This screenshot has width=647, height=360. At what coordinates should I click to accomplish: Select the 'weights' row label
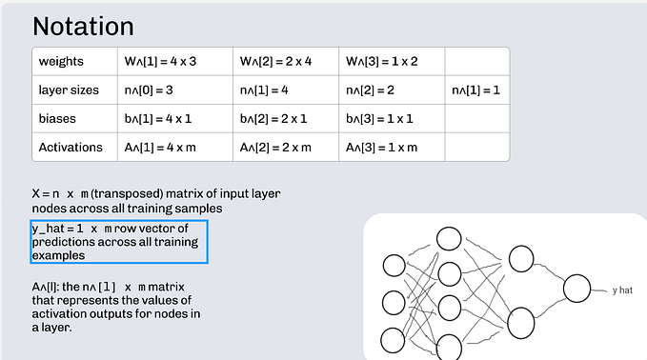click(x=62, y=62)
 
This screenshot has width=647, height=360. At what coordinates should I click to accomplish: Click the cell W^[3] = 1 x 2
click(x=379, y=62)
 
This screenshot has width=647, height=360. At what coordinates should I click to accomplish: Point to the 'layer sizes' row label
click(x=69, y=90)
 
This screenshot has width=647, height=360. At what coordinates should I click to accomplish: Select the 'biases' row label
click(x=58, y=119)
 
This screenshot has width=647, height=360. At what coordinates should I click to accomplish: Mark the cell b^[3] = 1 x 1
click(x=377, y=119)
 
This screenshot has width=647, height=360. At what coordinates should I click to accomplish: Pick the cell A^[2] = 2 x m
click(x=272, y=148)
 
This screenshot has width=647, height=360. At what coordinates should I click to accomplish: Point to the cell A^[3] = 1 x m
click(x=378, y=148)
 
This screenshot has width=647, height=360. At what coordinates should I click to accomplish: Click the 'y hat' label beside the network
click(x=622, y=290)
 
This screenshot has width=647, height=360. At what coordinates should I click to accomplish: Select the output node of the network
click(x=578, y=289)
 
